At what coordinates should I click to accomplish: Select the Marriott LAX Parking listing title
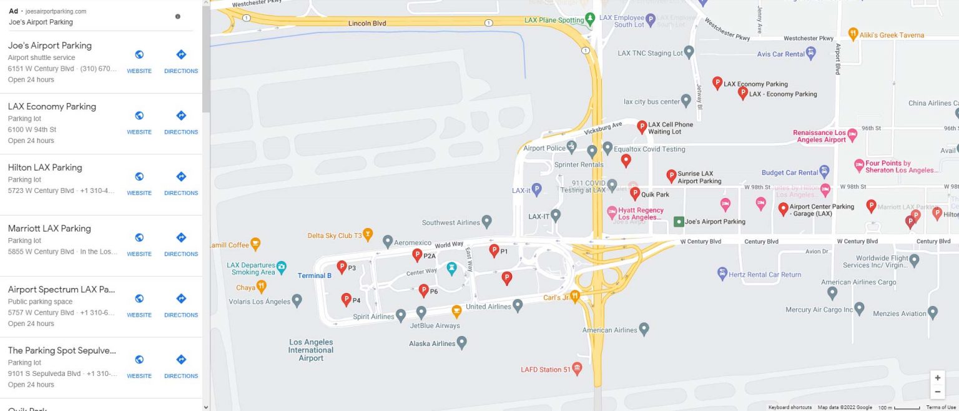click(x=49, y=229)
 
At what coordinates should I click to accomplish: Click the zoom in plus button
click(x=937, y=378)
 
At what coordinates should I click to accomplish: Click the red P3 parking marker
click(x=342, y=267)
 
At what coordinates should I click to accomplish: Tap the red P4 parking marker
click(x=346, y=299)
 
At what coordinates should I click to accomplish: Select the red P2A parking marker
click(x=417, y=254)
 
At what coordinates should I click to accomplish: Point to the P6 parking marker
click(x=423, y=290)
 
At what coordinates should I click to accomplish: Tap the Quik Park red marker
click(x=635, y=193)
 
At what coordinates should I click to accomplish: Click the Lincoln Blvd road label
click(x=367, y=24)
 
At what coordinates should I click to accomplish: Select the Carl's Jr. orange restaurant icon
click(x=575, y=295)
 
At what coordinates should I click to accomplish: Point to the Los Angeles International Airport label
click(x=311, y=350)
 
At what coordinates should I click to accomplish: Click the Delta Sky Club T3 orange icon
click(x=368, y=234)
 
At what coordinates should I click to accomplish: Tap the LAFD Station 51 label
click(x=546, y=370)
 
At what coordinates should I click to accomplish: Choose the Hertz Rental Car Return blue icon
click(x=722, y=274)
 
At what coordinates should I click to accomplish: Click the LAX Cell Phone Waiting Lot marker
click(x=641, y=127)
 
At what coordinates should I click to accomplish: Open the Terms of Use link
click(x=941, y=407)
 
